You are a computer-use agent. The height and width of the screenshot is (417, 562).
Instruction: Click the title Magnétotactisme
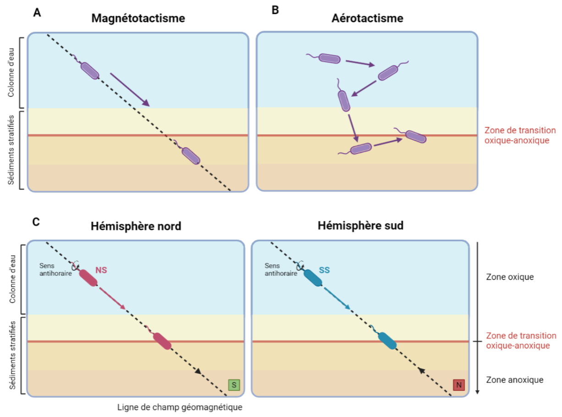pyautogui.click(x=138, y=19)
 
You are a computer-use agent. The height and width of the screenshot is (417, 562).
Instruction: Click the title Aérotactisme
pyautogui.click(x=367, y=19)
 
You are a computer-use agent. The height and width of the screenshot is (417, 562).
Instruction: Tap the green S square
pyautogui.click(x=234, y=385)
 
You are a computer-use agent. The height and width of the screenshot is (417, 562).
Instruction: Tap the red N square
pyautogui.click(x=458, y=385)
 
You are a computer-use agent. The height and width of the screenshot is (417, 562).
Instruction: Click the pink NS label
pyautogui.click(x=101, y=270)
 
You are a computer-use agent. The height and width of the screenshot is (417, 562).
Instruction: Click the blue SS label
pyautogui.click(x=325, y=270)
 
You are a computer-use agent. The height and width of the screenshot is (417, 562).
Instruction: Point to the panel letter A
pyautogui.click(x=38, y=13)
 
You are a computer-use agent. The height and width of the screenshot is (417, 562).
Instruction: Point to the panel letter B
pyautogui.click(x=275, y=10)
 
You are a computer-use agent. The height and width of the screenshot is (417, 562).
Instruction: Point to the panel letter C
pyautogui.click(x=37, y=222)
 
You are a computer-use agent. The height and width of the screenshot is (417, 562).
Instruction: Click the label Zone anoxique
pyautogui.click(x=508, y=380)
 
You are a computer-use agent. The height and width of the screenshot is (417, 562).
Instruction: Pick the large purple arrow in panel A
pyautogui.click(x=130, y=89)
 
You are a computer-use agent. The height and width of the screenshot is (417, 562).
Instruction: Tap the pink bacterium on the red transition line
pyautogui.click(x=162, y=341)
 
